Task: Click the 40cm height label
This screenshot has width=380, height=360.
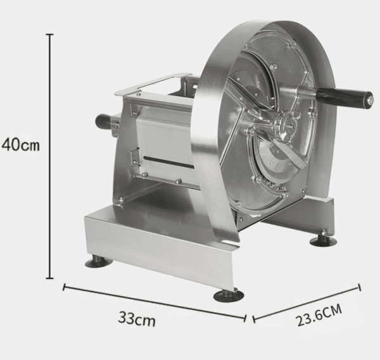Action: coord(20,144)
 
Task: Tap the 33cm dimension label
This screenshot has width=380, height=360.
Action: coord(137,319)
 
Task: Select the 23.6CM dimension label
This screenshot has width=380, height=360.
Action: coord(319,315)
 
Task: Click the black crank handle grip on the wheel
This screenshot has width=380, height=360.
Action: coord(341,96)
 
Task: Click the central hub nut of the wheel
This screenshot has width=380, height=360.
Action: coord(289,125)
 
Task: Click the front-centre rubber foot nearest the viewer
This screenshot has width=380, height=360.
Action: coord(228,296)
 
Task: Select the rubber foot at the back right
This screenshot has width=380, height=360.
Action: coord(323,240)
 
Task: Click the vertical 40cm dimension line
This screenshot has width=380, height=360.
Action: coord(50,156)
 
